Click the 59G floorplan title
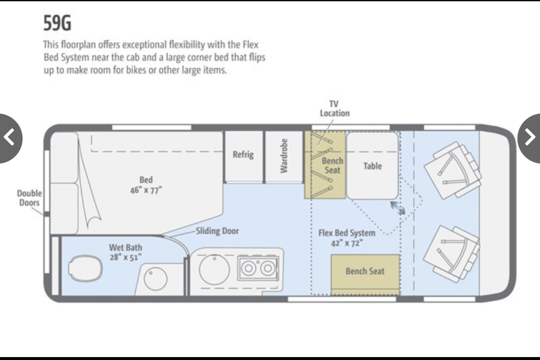57,23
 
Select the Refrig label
243,154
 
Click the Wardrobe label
284,156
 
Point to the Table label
373,166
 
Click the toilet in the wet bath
85,268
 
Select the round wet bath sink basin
155,279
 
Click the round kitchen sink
214,270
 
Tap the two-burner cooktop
258,268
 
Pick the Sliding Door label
217,231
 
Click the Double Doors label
29,198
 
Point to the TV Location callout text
334,108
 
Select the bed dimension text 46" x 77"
146,190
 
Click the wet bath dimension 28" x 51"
125,257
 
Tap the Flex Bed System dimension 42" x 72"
347,243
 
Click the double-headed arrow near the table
398,208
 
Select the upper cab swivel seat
453,170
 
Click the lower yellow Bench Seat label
365,271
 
